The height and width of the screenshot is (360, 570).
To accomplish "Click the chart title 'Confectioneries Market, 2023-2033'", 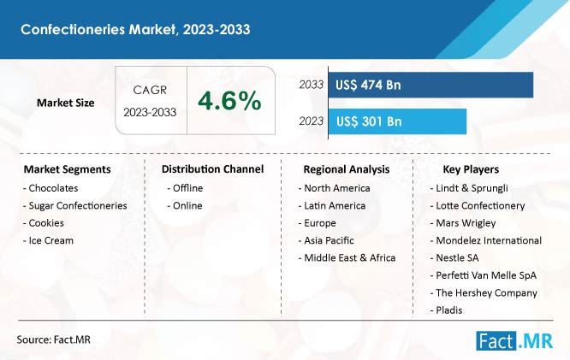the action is [x=135, y=29].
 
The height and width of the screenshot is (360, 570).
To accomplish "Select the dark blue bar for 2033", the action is [x=430, y=85].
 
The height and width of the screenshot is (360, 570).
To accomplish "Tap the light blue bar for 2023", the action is [x=397, y=121].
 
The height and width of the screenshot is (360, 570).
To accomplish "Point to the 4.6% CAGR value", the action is [x=229, y=101].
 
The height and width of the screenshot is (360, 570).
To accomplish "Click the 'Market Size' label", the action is [x=65, y=103].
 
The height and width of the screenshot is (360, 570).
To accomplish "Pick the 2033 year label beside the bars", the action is [x=312, y=85].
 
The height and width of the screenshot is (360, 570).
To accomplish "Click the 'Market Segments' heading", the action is [x=68, y=169].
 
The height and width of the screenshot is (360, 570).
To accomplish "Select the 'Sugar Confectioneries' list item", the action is [x=74, y=205].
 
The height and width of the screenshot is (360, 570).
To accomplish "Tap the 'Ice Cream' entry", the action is [x=48, y=240].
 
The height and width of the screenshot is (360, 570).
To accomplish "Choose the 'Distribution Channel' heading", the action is [x=212, y=169].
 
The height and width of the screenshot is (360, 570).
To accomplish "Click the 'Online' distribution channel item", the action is [x=185, y=205].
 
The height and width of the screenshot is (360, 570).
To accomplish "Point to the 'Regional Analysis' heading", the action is [x=347, y=169].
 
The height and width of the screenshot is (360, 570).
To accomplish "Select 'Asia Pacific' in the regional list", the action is [x=326, y=240].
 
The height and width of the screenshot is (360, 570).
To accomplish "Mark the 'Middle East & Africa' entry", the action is [x=347, y=258].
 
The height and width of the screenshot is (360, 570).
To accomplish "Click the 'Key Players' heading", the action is [x=471, y=169].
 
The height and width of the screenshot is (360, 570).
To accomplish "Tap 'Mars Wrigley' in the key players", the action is [x=463, y=223].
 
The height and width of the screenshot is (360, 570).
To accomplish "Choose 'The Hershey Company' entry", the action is [x=484, y=292].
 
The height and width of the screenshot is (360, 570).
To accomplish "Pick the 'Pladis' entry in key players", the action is [x=446, y=310].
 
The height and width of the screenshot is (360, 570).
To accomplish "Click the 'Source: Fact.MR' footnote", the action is [x=53, y=339].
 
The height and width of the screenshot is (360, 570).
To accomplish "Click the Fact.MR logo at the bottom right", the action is [x=514, y=340].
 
